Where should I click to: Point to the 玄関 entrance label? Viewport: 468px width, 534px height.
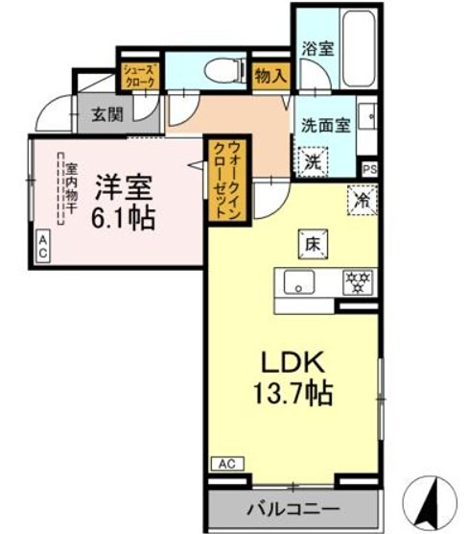pyautogui.click(x=107, y=114)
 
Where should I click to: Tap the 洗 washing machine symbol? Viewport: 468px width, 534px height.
pyautogui.click(x=313, y=161)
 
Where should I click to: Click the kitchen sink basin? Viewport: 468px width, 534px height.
pyautogui.click(x=298, y=281)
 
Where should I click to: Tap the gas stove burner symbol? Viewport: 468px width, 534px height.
pyautogui.click(x=359, y=281)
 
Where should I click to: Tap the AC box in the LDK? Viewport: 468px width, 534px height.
pyautogui.click(x=226, y=464)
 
